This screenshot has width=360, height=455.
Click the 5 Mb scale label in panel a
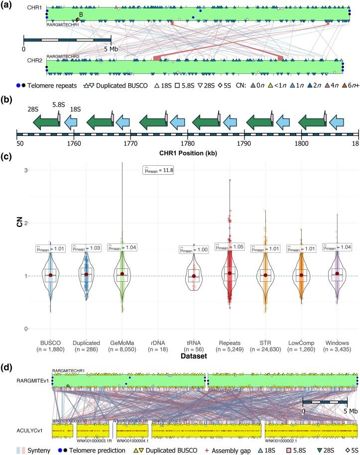pyautogui.click(x=110, y=50)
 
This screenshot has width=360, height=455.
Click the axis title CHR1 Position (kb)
pyautogui.click(x=188, y=151)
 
